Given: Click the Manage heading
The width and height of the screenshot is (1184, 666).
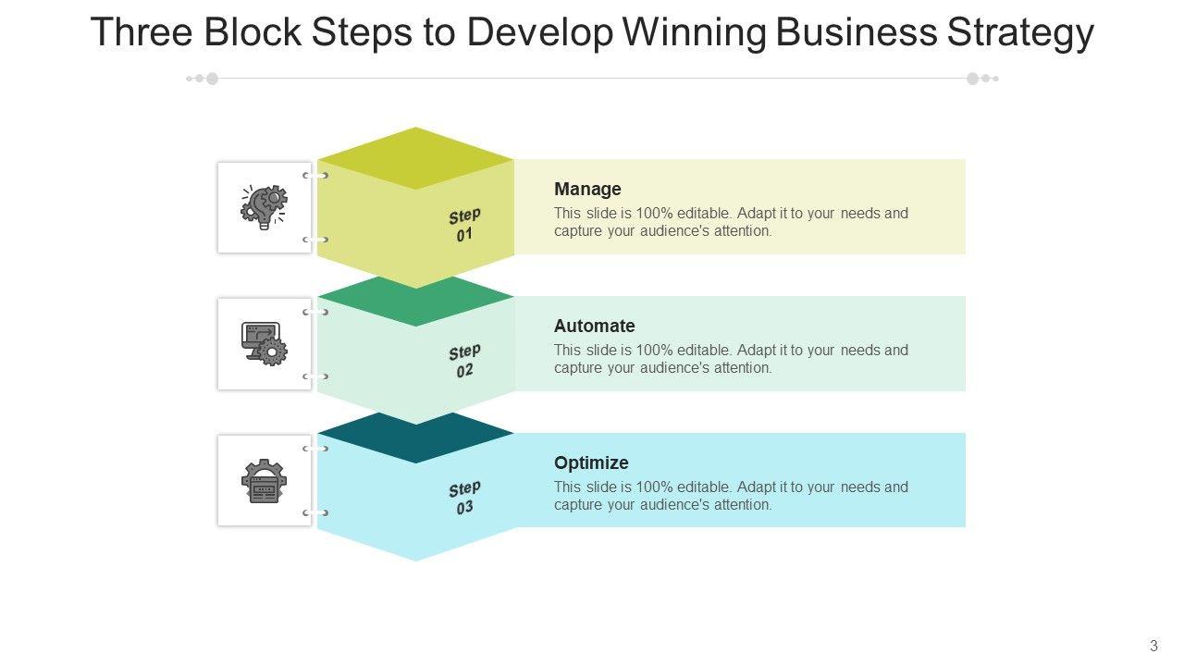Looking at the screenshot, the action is tap(587, 189).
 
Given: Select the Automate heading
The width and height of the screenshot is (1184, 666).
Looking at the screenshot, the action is tap(594, 326).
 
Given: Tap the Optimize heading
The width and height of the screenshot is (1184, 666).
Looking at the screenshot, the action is tap(591, 462).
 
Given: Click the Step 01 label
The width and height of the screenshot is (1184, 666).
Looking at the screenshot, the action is tap(464, 225).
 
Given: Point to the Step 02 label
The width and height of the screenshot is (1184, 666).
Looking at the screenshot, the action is tap(464, 361).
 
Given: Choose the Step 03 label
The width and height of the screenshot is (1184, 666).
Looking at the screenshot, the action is tap(464, 498).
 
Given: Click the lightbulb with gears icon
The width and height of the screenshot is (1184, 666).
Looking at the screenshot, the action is tap(264, 207).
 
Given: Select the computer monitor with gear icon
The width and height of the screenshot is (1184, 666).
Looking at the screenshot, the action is tap(264, 343).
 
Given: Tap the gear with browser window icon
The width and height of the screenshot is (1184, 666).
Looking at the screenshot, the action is tap(264, 480).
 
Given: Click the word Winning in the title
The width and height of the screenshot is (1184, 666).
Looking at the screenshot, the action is tap(694, 32).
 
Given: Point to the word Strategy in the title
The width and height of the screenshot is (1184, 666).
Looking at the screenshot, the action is tap(1019, 32).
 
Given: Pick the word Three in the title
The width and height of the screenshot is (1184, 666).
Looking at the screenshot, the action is tap(142, 31).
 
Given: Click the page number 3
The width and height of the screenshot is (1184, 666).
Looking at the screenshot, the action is tap(1153, 646).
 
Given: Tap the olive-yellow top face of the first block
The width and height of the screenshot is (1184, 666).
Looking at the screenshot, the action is tap(415, 158).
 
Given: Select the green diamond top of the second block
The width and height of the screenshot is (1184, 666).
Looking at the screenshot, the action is tap(415, 302).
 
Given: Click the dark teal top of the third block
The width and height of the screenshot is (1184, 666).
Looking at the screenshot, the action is tap(415, 438).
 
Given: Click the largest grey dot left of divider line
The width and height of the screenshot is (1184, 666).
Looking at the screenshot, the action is tap(212, 79).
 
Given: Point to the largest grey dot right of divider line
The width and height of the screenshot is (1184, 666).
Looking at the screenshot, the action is tap(972, 79).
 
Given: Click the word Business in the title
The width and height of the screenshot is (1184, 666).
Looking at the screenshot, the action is tap(857, 31).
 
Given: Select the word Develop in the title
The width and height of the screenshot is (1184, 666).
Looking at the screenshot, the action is tap(540, 32).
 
